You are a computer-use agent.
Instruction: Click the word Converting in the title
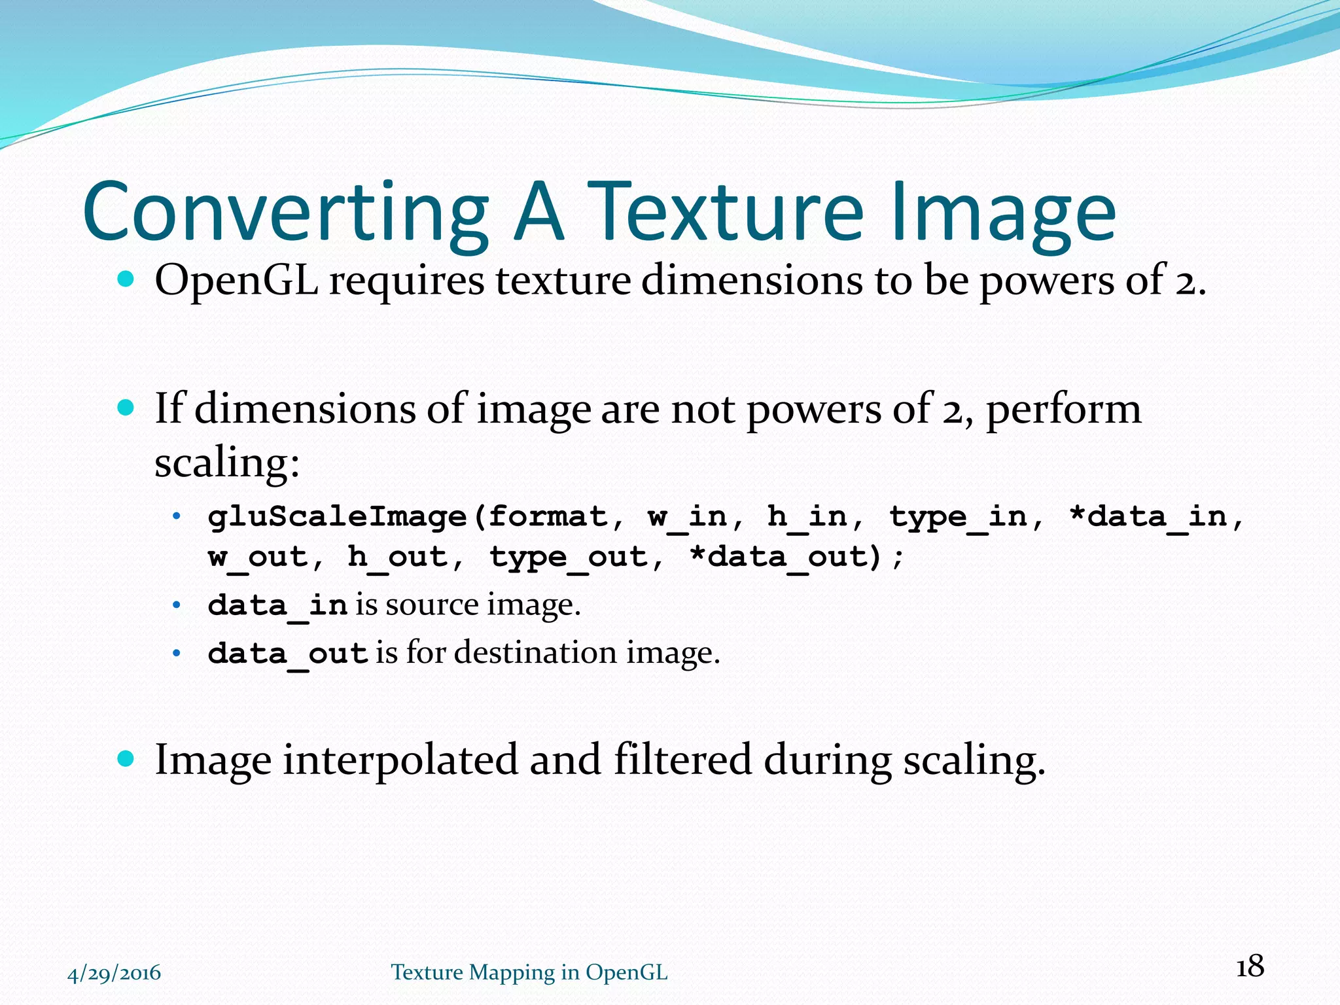285,213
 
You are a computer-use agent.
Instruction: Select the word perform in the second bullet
1063,409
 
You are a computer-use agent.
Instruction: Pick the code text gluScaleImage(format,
416,517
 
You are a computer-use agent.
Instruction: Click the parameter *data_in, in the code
1155,517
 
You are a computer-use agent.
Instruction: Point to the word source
431,605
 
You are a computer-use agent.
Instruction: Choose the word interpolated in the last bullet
400,760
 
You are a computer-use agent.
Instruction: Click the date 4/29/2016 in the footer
114,973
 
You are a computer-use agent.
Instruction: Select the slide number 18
1250,966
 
